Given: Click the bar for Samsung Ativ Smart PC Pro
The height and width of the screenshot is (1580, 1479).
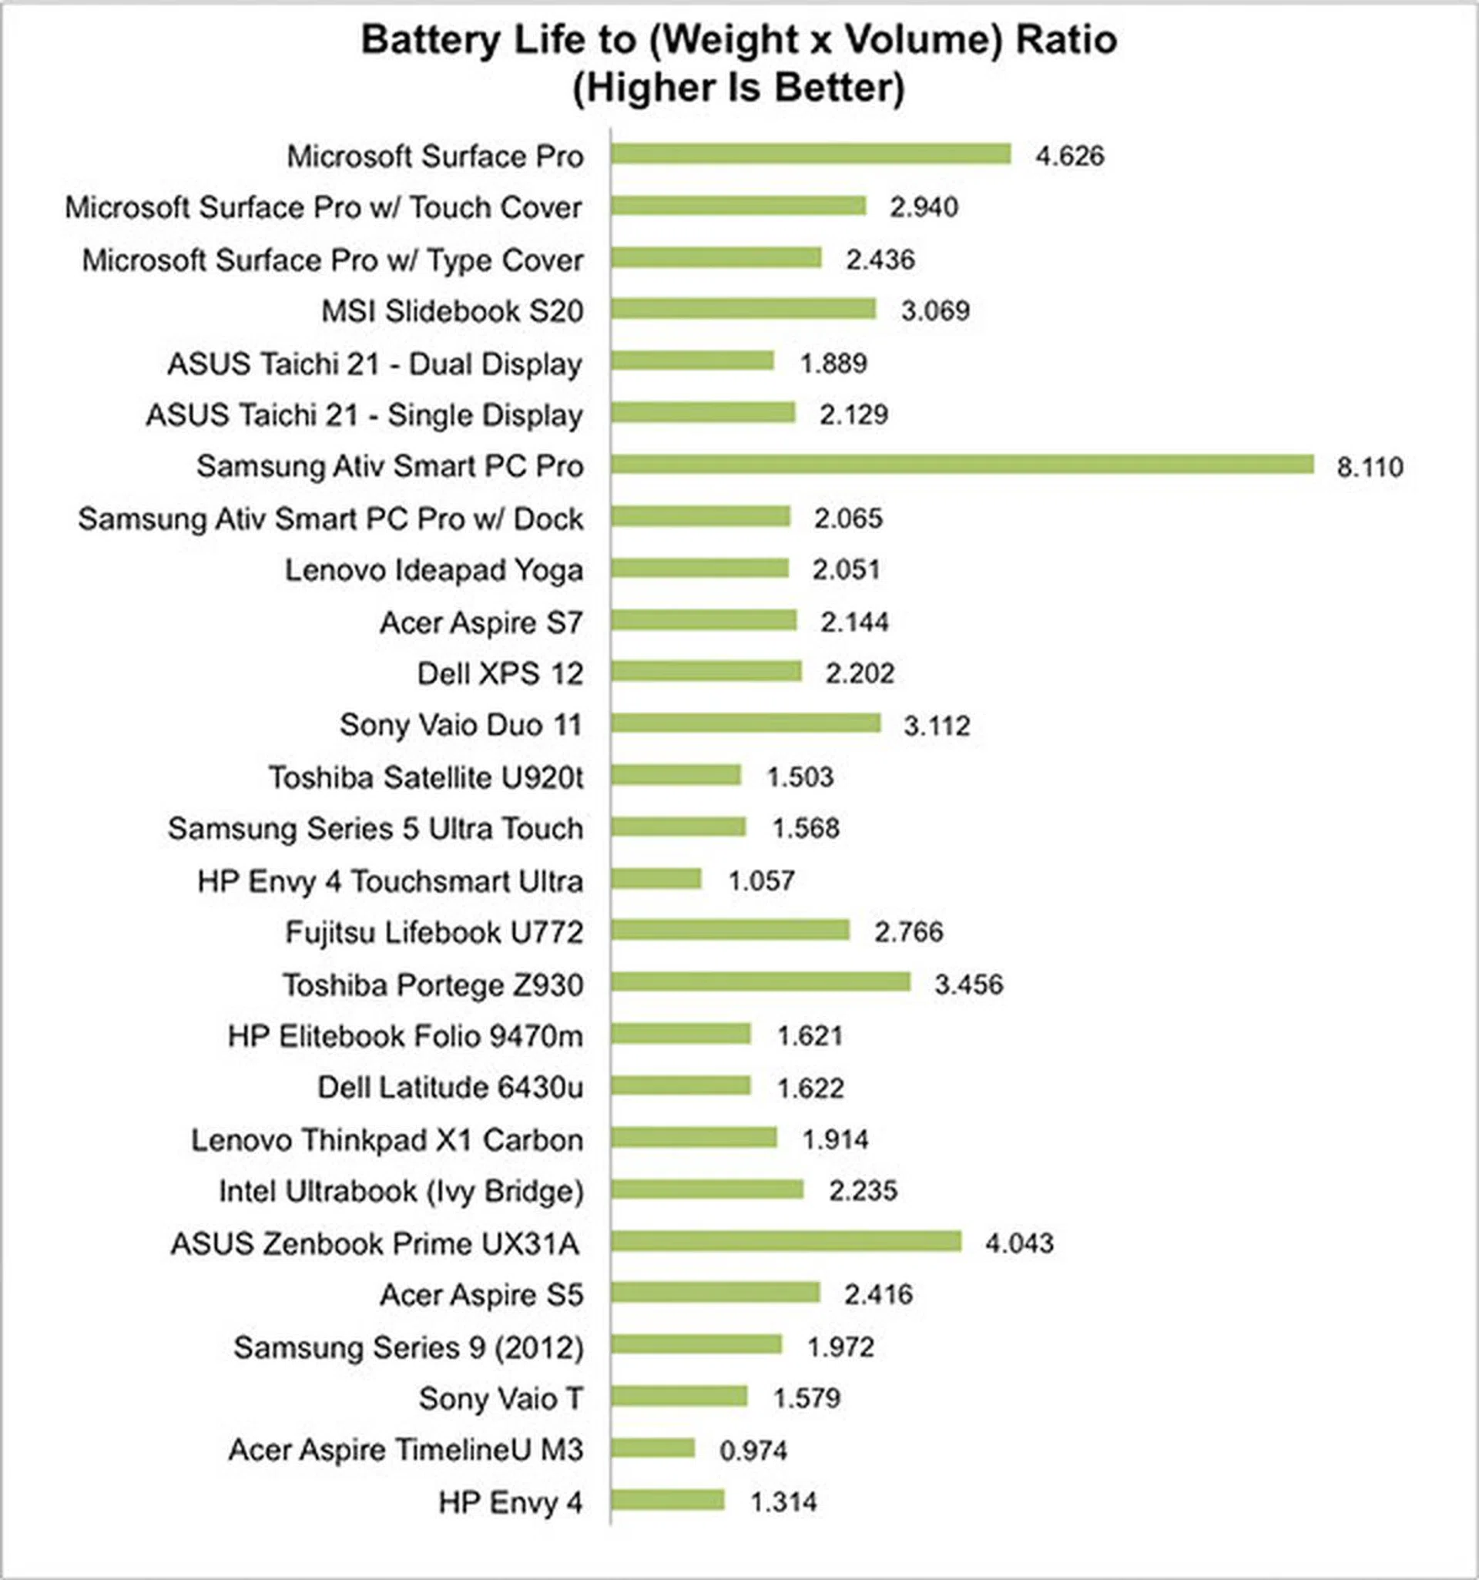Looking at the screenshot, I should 961,465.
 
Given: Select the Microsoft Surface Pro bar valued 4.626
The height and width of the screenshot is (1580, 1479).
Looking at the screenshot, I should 810,154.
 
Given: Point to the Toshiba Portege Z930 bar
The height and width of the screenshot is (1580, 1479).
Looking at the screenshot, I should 760,982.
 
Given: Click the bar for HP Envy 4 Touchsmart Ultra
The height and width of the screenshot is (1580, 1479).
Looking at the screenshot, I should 656,878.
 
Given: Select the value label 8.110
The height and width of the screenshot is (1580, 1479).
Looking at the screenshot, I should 1370,467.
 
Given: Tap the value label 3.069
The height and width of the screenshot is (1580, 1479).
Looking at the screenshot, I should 934,310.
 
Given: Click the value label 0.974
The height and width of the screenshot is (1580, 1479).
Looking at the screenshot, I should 753,1451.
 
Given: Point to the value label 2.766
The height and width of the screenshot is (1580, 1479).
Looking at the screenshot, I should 908,931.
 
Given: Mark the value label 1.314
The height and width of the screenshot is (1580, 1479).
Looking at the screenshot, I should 783,1502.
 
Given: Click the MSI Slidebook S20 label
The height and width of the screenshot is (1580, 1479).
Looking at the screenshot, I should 452,310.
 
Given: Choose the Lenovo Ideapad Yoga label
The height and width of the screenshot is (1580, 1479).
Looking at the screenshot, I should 434,570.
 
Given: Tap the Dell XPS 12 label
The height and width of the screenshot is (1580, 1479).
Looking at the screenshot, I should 500,674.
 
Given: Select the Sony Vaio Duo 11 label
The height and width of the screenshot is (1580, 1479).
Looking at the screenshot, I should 461,725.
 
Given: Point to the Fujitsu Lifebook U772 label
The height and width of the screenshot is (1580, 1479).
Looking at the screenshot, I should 434,932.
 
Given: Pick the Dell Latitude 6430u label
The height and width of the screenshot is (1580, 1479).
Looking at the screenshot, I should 450,1087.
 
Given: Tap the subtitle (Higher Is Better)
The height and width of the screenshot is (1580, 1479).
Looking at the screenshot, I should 738,87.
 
